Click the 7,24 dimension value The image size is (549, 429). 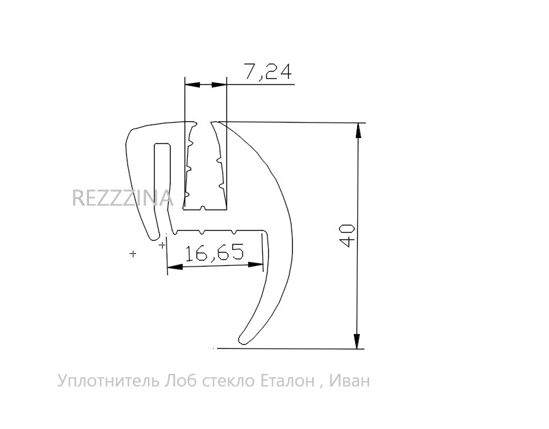pyautogui.click(x=268, y=72)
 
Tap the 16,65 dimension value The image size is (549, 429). pyautogui.click(x=214, y=253)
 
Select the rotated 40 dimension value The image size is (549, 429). pyautogui.click(x=348, y=235)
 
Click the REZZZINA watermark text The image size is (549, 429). pyautogui.click(x=123, y=198)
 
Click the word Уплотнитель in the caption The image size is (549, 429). pyautogui.click(x=109, y=381)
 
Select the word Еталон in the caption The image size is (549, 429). pyautogui.click(x=287, y=381)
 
